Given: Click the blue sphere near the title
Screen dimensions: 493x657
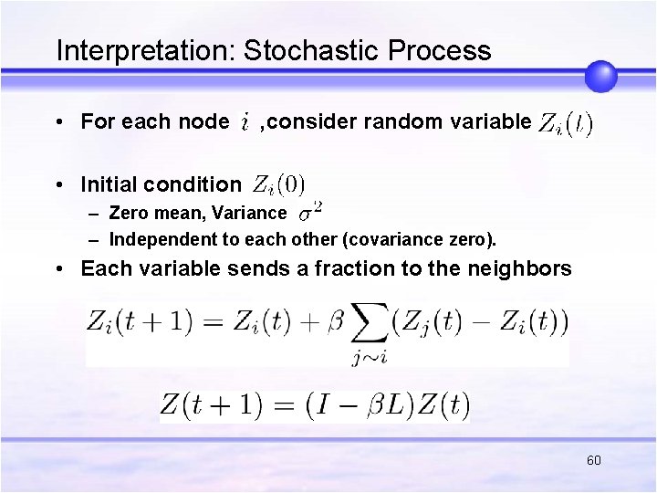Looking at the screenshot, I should click(601, 76).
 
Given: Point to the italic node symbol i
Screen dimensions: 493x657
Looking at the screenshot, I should click(245, 121).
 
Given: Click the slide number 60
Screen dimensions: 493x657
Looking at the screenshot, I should click(594, 460).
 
